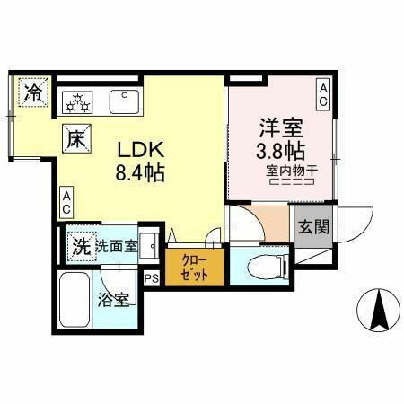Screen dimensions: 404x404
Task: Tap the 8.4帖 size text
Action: click(x=139, y=172)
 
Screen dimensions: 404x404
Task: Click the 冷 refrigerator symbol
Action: click(x=34, y=92)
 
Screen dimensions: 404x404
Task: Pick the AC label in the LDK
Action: click(x=67, y=203)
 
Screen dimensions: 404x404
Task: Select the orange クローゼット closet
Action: click(x=193, y=268)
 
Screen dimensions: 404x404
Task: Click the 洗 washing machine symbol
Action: click(x=81, y=245)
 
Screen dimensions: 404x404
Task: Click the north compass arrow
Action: click(x=378, y=310)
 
